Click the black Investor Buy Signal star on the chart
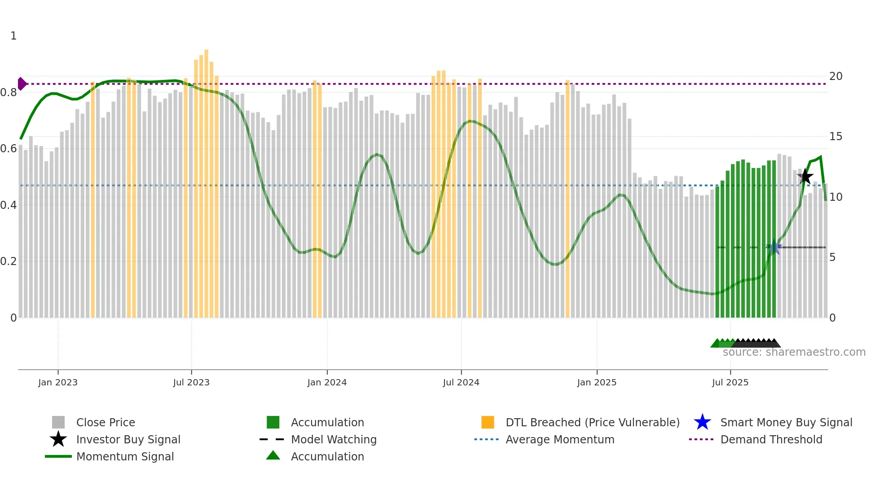point(805,177)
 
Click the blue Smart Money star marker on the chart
point(774,247)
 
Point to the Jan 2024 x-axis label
point(327,382)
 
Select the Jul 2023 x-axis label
point(191,382)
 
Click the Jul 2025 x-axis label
point(730,382)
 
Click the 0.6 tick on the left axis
point(9,149)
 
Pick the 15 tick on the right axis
point(835,137)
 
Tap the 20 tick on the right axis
point(835,76)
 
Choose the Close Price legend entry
point(106,422)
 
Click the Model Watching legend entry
point(334,439)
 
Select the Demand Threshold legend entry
point(771,439)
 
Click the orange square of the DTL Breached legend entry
point(488,422)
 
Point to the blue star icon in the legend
point(702,422)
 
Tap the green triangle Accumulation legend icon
point(273,456)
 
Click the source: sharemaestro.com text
point(794,352)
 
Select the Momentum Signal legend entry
point(125,456)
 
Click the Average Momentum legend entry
point(559,439)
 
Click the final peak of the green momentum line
point(820,157)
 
